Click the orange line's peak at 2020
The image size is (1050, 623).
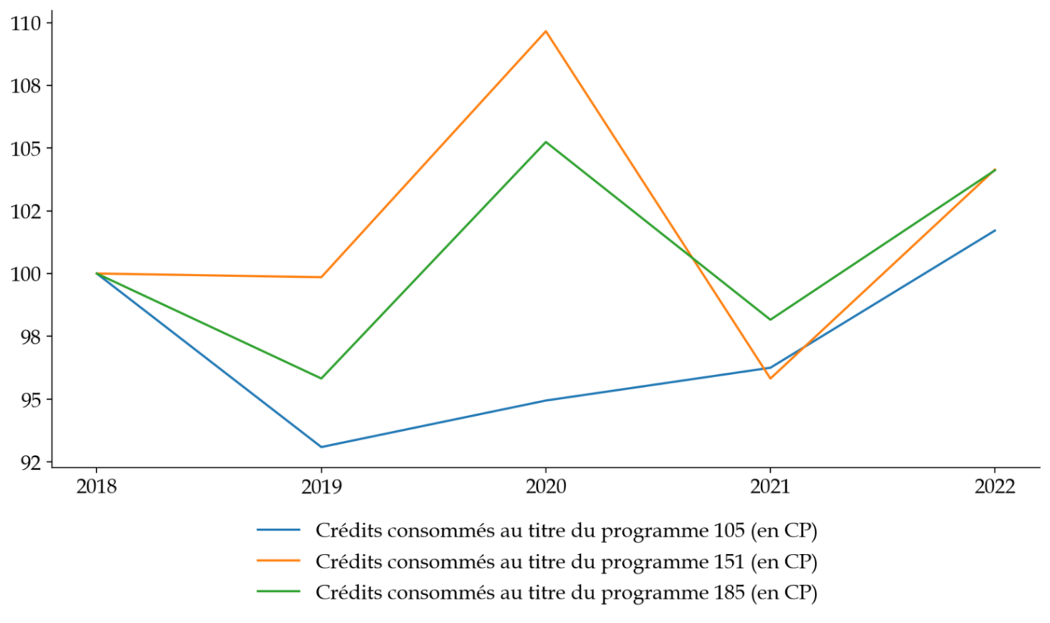[x=545, y=31]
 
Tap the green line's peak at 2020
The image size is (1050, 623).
[x=545, y=142]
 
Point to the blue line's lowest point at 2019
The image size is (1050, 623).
[x=321, y=447]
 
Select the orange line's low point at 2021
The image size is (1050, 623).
[x=770, y=379]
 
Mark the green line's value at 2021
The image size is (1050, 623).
[x=770, y=319]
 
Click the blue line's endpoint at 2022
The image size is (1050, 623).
[x=995, y=230]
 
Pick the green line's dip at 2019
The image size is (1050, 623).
[x=321, y=378]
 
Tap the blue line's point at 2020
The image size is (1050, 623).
[x=545, y=400]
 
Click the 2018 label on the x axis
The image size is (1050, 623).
[x=96, y=486]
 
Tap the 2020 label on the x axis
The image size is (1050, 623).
[x=545, y=486]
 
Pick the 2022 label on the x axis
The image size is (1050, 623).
[x=995, y=486]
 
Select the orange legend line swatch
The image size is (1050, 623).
[x=278, y=562]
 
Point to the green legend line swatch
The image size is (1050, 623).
[x=278, y=592]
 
